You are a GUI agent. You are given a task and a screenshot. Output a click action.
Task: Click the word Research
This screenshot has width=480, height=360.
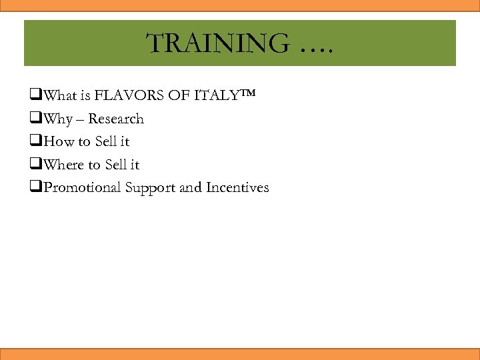click(x=116, y=119)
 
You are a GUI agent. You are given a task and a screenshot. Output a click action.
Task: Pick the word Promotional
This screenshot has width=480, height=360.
click(x=84, y=187)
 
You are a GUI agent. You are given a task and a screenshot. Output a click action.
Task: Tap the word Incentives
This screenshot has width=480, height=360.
click(x=237, y=187)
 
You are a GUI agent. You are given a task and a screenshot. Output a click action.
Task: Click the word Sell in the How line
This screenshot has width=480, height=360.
click(x=106, y=141)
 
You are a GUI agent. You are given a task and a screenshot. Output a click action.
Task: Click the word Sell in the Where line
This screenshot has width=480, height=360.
click(x=116, y=164)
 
